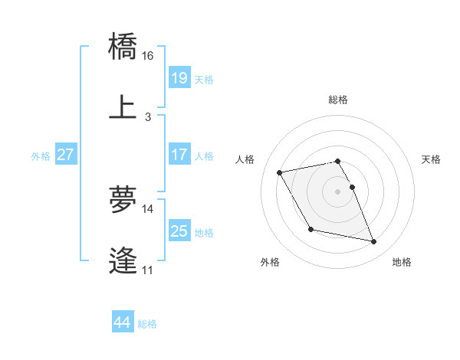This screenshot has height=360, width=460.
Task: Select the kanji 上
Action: click(x=123, y=107)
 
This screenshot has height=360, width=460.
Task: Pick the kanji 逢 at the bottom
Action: click(x=123, y=261)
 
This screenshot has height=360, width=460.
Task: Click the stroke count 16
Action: click(x=148, y=56)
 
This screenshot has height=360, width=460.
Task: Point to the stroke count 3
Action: click(x=148, y=116)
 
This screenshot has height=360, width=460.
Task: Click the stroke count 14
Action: click(x=148, y=208)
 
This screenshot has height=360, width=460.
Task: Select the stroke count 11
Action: click(x=148, y=270)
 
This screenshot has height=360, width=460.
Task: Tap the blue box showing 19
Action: click(x=179, y=78)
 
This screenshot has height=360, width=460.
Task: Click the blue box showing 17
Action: click(x=179, y=155)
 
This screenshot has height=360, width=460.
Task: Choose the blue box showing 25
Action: click(x=179, y=231)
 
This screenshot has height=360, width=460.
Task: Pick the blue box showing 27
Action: click(x=66, y=155)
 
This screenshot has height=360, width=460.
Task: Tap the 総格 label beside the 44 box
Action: click(x=147, y=324)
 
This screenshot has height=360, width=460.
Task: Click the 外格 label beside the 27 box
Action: click(x=41, y=155)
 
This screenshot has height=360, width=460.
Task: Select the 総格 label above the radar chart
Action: click(x=338, y=100)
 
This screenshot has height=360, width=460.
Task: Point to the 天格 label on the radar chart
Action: click(x=431, y=159)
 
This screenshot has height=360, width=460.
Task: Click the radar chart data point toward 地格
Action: click(x=374, y=242)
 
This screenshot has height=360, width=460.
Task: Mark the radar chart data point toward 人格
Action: click(x=280, y=172)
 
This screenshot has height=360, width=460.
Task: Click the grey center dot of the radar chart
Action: click(x=338, y=191)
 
